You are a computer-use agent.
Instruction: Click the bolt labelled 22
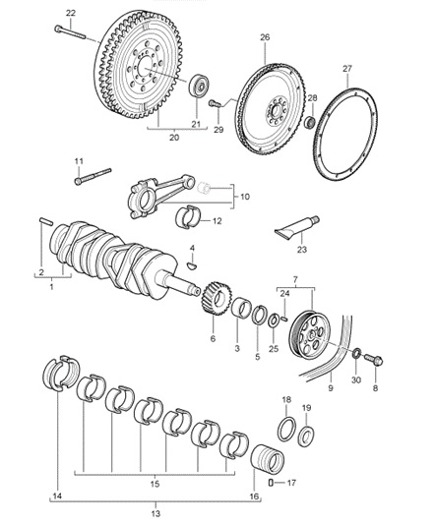point(70,32)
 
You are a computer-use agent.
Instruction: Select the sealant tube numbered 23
point(297,228)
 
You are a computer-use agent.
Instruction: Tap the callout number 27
point(347,69)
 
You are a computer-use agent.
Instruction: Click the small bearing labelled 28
point(310,122)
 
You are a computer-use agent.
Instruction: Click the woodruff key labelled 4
point(192,265)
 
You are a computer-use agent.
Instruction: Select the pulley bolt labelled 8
point(374,360)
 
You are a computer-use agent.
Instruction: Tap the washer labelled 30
point(357,353)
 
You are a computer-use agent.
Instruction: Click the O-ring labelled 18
point(286,429)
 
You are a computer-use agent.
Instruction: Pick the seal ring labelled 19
point(307,437)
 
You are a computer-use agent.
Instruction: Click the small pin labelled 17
point(271,483)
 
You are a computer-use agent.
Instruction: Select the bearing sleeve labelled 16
point(268,460)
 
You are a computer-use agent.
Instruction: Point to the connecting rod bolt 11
point(93,176)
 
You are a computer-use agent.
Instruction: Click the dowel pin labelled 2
point(46,221)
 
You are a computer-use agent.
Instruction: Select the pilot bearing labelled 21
point(199,87)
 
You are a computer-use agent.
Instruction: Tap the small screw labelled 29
point(215,104)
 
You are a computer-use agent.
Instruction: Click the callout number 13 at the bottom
point(155,513)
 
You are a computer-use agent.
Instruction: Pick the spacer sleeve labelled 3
point(241,306)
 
